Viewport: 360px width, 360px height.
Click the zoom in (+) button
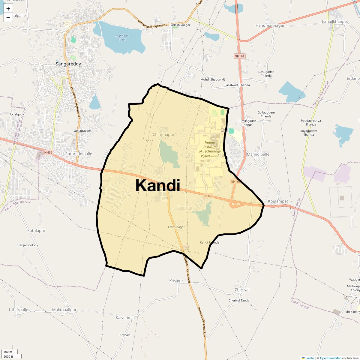(8, 9)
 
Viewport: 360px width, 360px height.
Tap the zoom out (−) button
(8, 18)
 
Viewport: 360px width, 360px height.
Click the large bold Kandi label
(158, 185)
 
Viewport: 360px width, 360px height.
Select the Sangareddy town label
(68, 64)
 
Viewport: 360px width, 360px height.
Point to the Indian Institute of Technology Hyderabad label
(210, 149)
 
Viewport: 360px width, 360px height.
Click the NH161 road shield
(240, 56)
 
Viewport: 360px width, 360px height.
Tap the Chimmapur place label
(163, 134)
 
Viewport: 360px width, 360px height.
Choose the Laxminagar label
(176, 227)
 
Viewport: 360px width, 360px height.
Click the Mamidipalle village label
(258, 154)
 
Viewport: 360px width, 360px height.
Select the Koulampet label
(278, 201)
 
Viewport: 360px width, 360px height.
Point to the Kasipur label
(176, 281)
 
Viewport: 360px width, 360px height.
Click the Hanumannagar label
(270, 25)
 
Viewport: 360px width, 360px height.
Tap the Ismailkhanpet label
(335, 22)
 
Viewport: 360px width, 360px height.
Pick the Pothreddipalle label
(79, 154)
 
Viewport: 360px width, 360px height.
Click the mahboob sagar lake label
(122, 38)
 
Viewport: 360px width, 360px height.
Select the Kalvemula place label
(125, 317)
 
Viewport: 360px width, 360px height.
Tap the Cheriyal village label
(242, 290)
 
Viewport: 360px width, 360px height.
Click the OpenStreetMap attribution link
(330, 358)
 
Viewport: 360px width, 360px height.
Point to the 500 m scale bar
(9, 352)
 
